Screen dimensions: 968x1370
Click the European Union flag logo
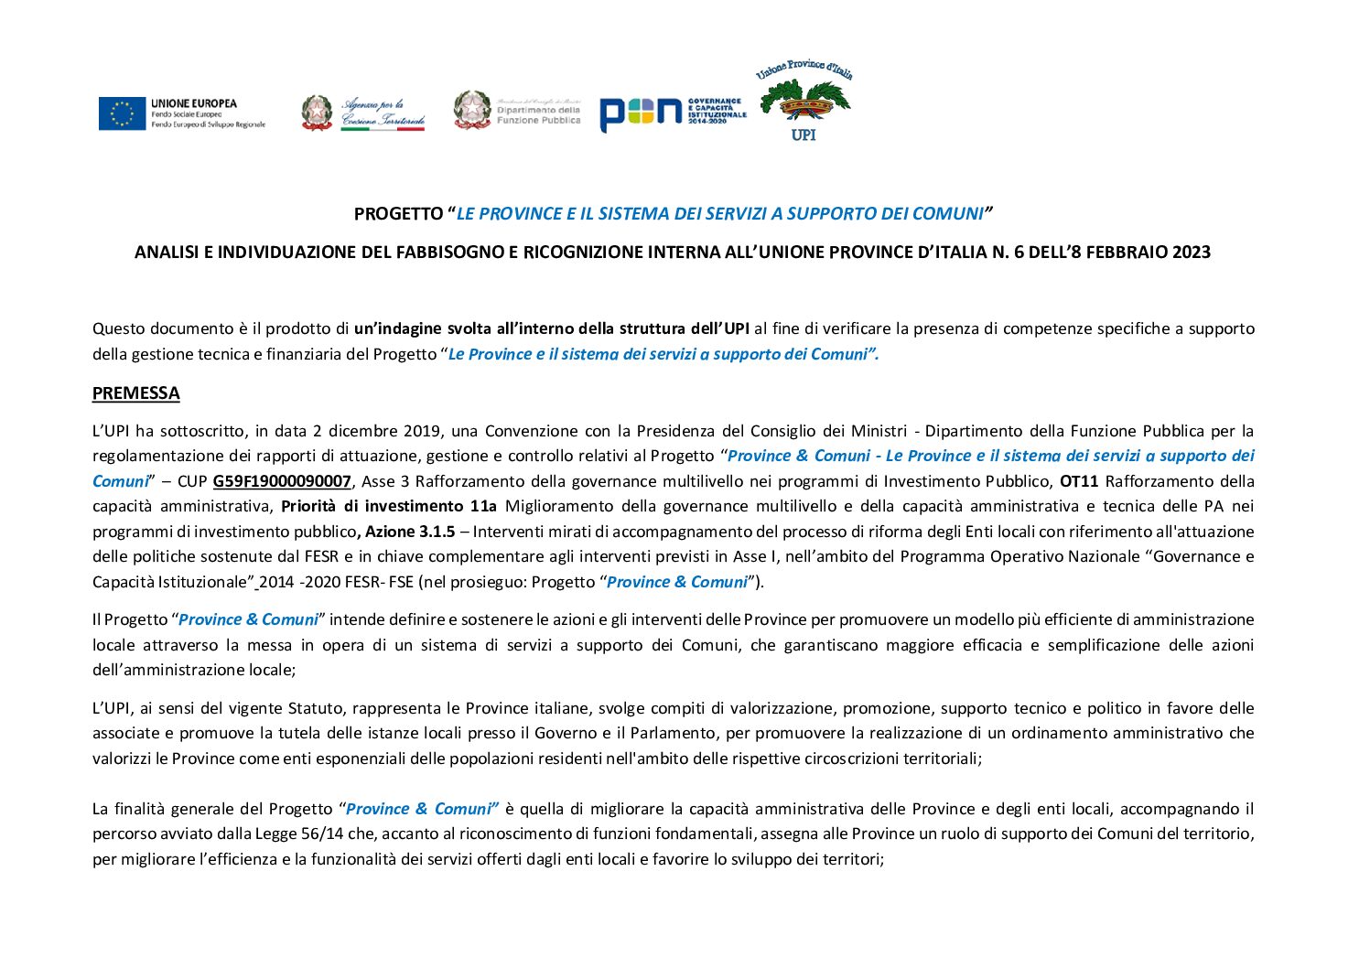123,113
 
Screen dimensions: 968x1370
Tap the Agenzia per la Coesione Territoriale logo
363,113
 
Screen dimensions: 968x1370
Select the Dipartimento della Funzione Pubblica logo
517,111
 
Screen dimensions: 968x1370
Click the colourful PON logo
673,113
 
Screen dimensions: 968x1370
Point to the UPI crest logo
804,102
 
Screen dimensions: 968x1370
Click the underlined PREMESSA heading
135,393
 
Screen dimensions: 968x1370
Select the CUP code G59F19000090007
282,481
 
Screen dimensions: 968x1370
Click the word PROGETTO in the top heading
398,214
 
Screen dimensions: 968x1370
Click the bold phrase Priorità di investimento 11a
389,506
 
